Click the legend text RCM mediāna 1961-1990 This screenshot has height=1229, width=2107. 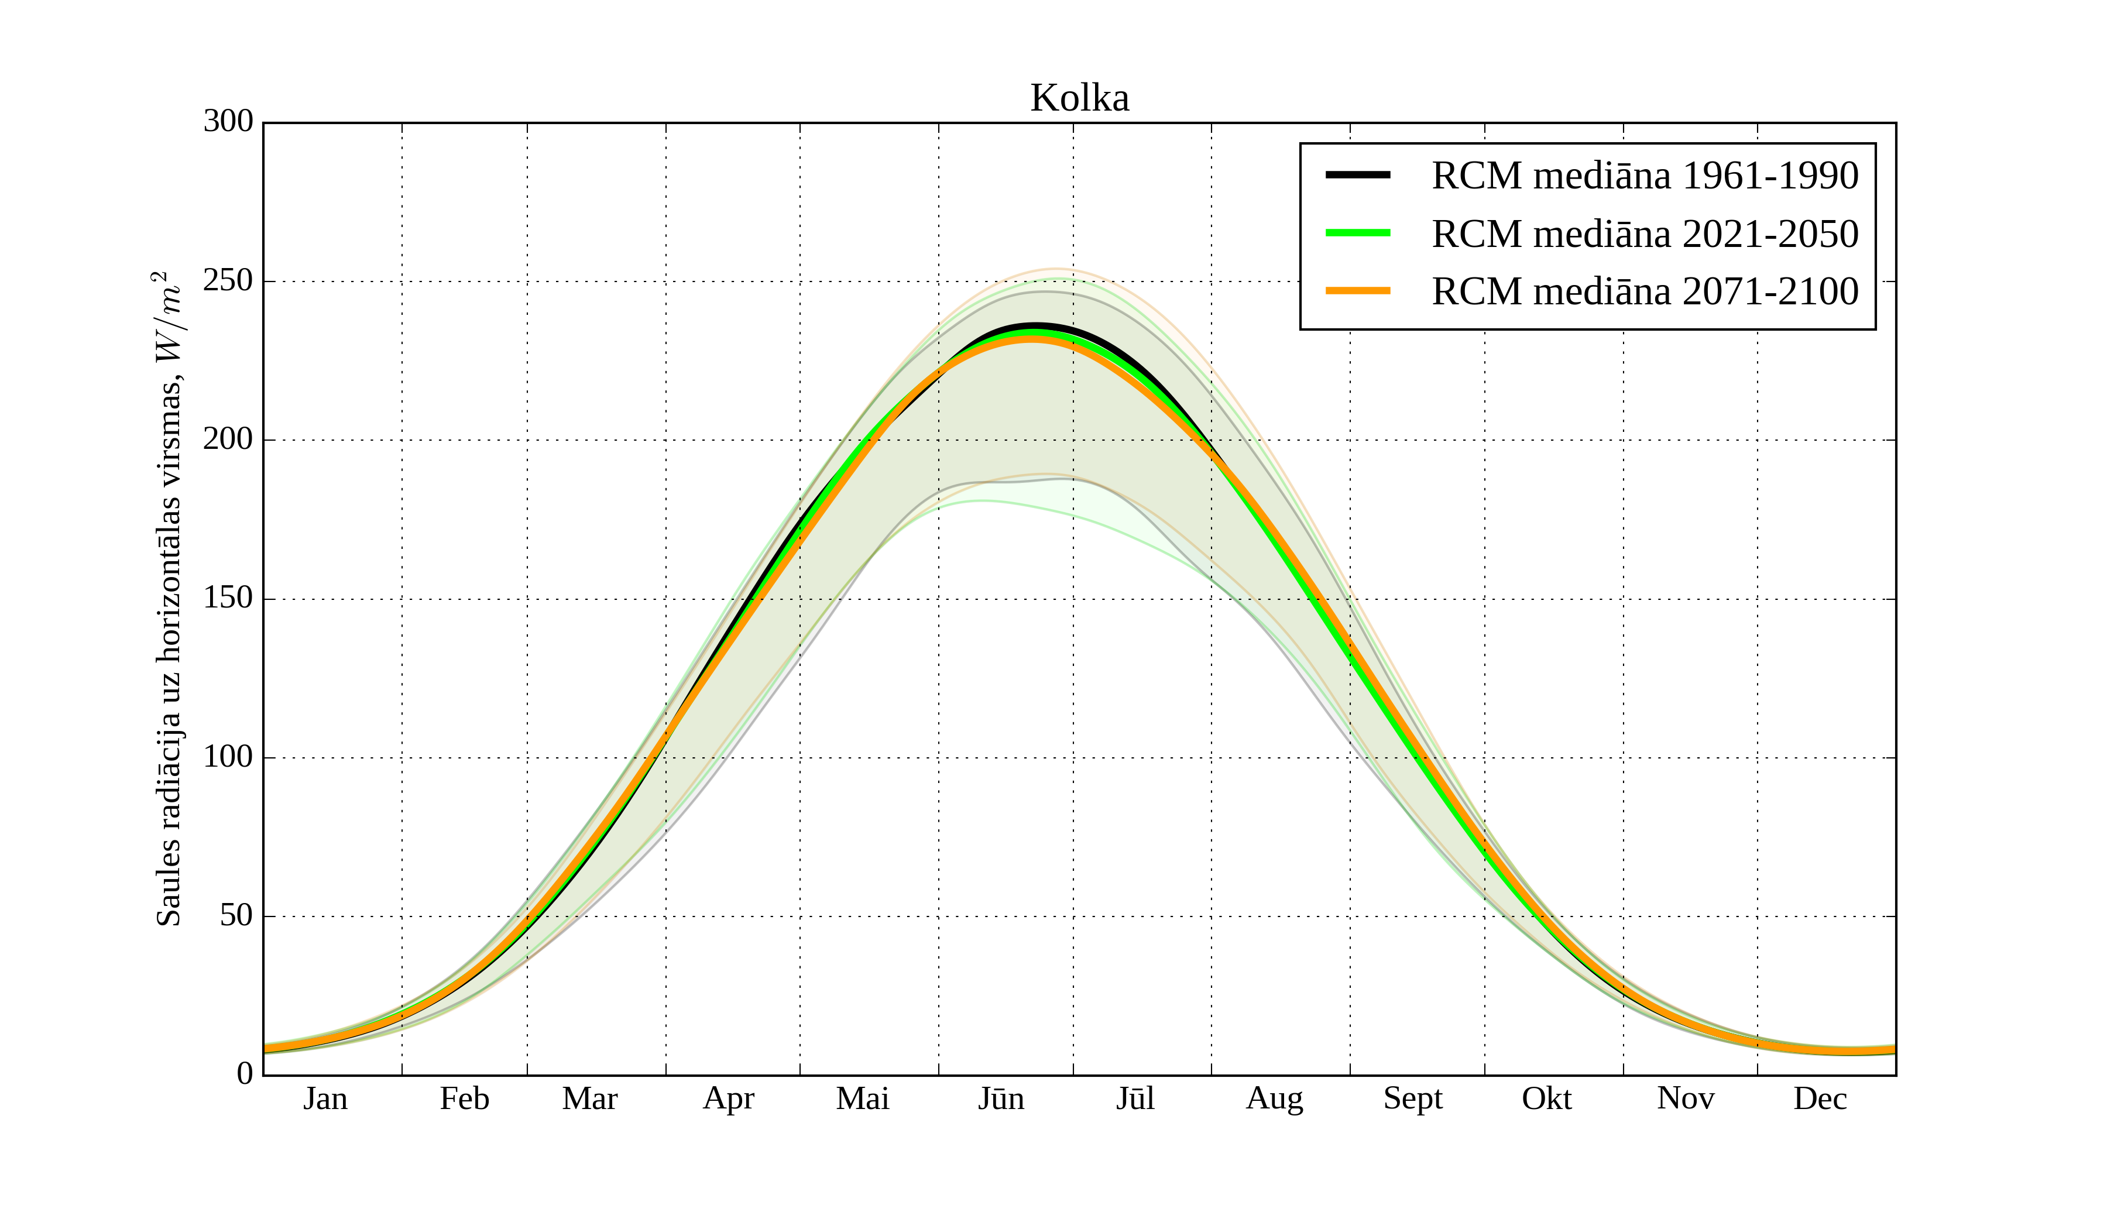[x=1645, y=176]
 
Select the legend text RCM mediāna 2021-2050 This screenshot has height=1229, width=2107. [x=1645, y=234]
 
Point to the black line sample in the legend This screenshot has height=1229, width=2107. [x=1358, y=175]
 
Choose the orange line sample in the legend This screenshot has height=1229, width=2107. [x=1358, y=291]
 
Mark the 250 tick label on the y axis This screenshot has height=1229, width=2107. [x=228, y=281]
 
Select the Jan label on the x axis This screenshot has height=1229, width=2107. [x=325, y=1098]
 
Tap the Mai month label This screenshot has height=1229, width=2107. [x=862, y=1098]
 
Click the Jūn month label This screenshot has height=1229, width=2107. [x=1001, y=1098]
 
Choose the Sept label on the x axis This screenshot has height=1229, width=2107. [x=1412, y=1098]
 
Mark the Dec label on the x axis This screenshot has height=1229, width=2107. [x=1820, y=1098]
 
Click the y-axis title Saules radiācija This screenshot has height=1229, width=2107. [x=169, y=598]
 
